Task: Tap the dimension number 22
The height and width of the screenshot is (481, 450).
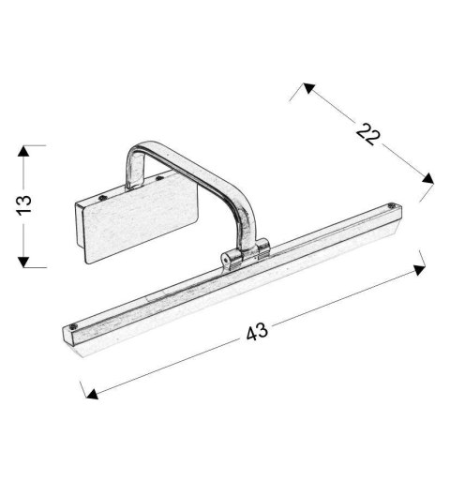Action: [368, 133]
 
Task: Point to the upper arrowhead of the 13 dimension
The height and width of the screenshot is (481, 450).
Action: [25, 149]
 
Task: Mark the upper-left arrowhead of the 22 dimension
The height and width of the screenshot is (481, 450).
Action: [305, 88]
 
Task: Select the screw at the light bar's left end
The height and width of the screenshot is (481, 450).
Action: [74, 328]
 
